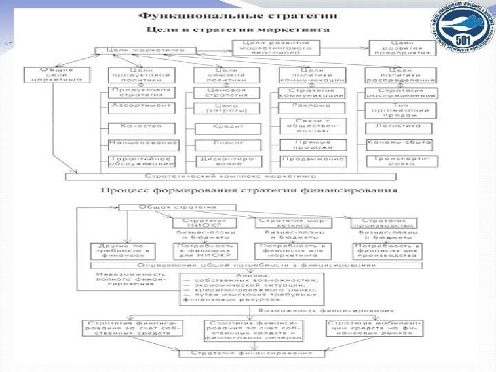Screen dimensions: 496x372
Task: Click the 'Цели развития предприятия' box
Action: click(x=403, y=46)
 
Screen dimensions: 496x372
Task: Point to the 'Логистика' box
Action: click(x=408, y=127)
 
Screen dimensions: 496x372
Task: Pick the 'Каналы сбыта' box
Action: click(x=408, y=143)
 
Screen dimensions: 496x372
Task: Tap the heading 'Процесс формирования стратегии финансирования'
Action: click(x=249, y=189)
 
